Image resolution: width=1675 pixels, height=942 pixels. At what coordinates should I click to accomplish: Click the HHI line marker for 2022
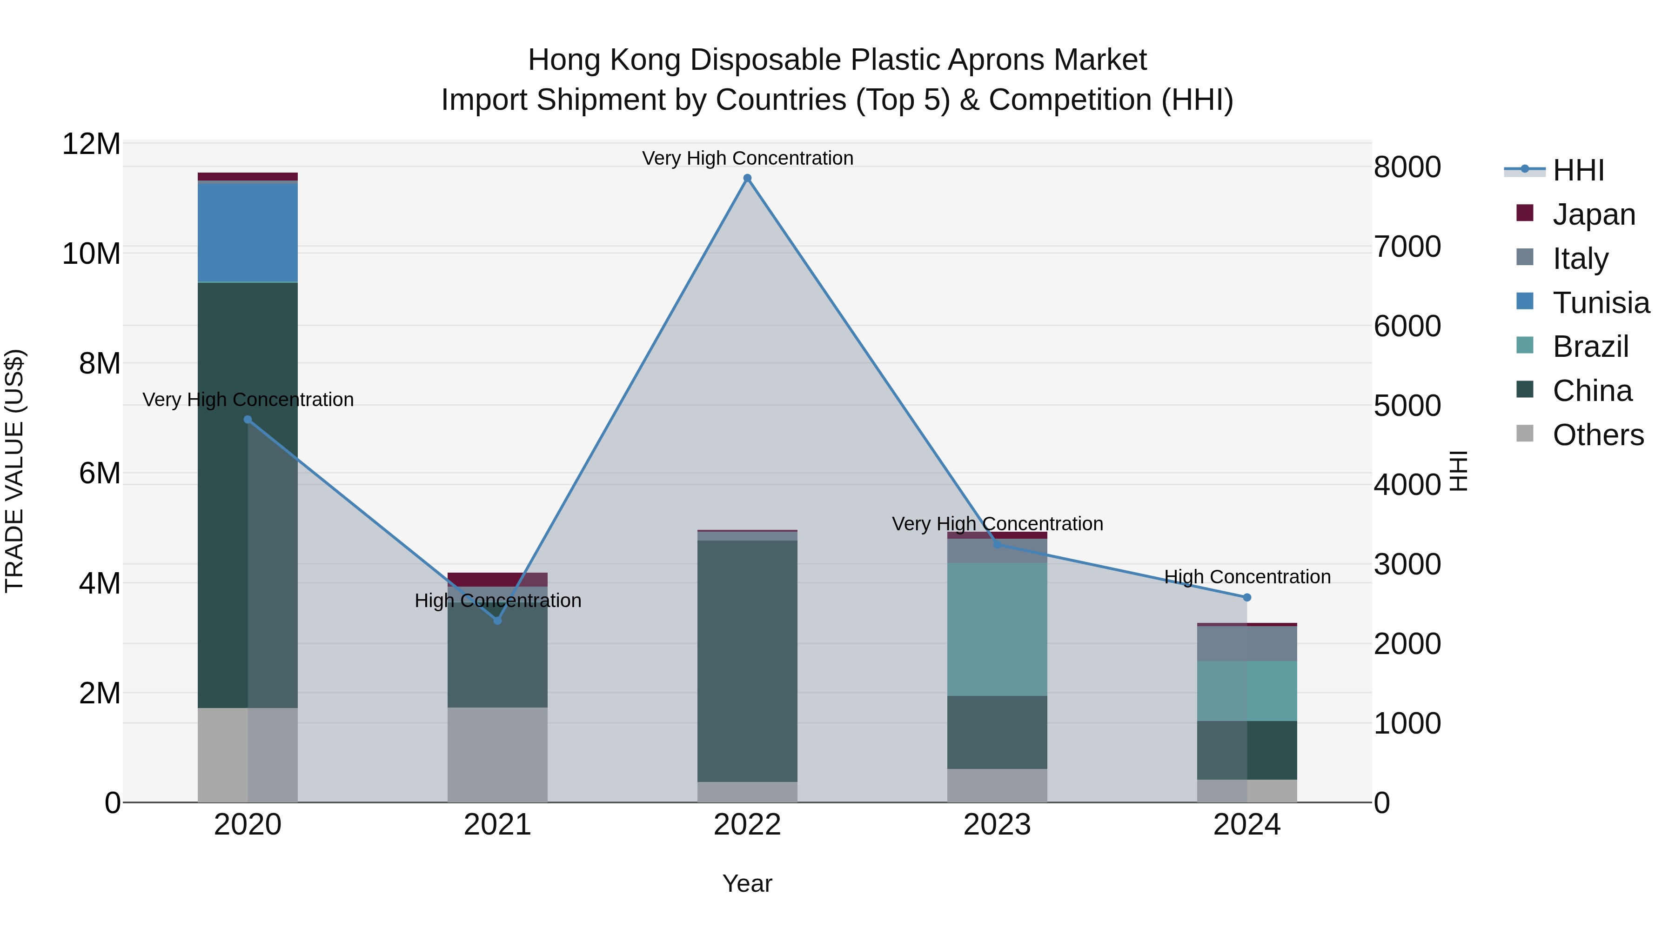[747, 178]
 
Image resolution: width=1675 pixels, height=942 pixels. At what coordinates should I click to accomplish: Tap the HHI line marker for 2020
[248, 420]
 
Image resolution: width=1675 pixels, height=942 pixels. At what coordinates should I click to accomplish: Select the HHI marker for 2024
[1246, 597]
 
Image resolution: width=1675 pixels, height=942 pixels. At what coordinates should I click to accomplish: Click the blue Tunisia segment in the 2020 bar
[248, 233]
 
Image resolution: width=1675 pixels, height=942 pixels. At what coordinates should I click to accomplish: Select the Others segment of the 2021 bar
[497, 754]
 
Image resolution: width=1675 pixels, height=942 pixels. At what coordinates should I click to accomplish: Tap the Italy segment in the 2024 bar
[1246, 644]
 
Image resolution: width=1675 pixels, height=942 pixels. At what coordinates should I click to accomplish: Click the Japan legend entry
[1593, 214]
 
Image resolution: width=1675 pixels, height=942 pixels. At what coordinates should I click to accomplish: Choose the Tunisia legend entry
[1600, 303]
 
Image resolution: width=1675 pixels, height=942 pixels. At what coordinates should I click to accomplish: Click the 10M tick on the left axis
[91, 254]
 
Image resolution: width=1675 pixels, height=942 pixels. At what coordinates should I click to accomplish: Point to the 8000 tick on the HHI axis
[1407, 167]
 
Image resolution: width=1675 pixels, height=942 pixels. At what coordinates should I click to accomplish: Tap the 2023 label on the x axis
[997, 825]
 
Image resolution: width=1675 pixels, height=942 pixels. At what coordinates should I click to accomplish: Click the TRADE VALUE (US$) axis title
[14, 471]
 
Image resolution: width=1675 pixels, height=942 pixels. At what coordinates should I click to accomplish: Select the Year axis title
[747, 883]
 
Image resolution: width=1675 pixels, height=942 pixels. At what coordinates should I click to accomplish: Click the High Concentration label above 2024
[1246, 577]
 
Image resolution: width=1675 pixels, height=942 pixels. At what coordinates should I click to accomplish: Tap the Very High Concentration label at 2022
[747, 158]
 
